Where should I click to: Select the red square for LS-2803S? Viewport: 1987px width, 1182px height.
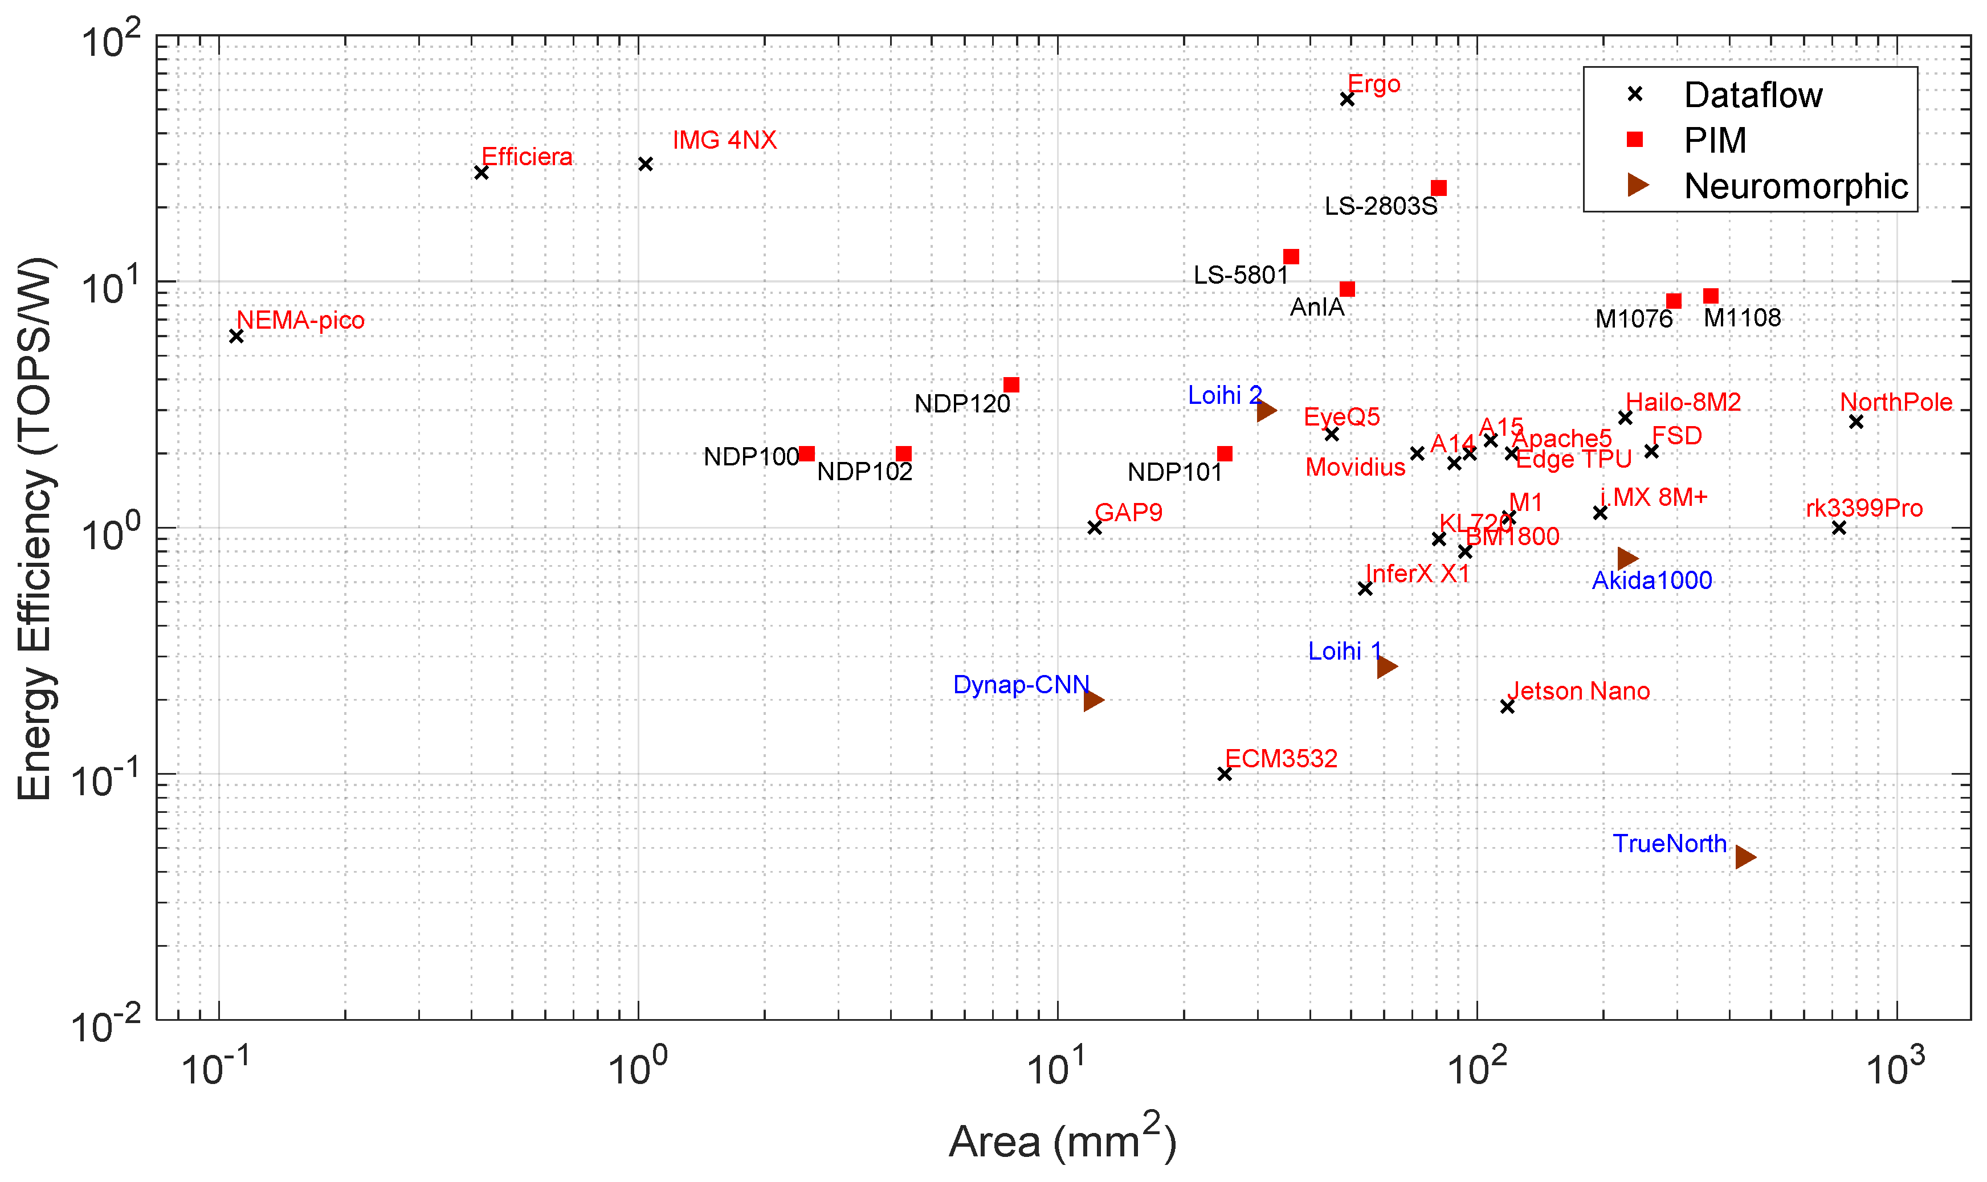1438,188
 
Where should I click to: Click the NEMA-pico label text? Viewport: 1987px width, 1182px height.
300,320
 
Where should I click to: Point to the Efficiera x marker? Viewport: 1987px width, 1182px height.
481,172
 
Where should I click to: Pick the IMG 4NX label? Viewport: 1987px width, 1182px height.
724,140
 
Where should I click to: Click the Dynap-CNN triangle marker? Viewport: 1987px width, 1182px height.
1093,700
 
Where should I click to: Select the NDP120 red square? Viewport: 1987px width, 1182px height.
1011,385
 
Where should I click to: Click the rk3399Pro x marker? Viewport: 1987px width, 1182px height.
1838,527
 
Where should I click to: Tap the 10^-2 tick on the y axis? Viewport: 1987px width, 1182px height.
107,1025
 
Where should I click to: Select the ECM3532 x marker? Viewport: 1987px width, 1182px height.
1225,774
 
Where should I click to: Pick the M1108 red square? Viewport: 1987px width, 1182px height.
1709,296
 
